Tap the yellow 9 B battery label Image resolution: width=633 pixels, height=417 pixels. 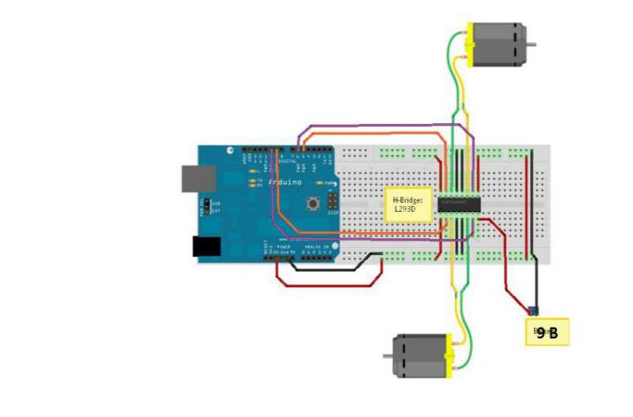point(546,333)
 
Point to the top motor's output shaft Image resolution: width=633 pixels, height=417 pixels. point(531,44)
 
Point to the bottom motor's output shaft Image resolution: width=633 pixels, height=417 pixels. point(389,355)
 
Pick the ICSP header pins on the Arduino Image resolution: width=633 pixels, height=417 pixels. point(333,202)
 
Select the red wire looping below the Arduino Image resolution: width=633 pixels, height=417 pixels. point(329,285)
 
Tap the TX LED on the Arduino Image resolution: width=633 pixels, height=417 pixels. point(252,179)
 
